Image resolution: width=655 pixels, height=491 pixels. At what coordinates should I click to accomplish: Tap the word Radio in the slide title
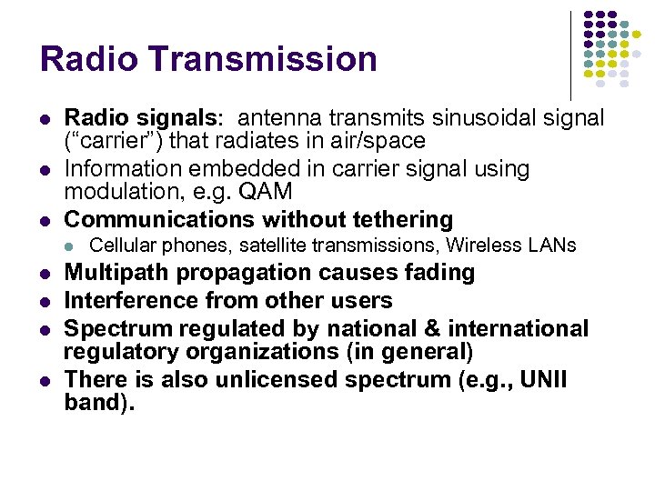click(x=86, y=59)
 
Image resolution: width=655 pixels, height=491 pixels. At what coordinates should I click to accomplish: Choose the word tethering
click(x=403, y=219)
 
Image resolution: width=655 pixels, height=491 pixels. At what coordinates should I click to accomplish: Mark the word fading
click(x=443, y=273)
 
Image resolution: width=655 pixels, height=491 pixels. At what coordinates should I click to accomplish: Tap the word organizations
click(x=245, y=352)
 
